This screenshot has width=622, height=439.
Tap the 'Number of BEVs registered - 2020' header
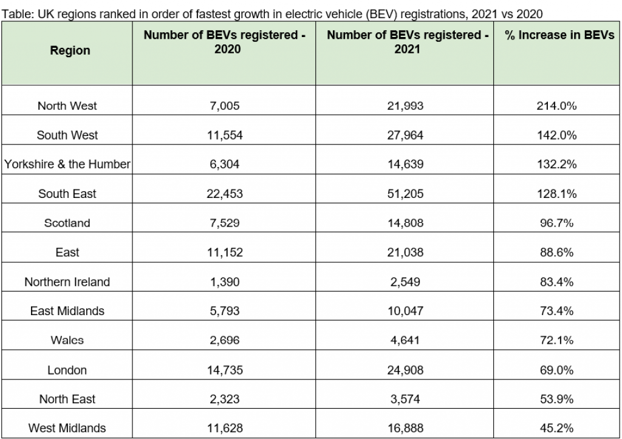[x=224, y=43]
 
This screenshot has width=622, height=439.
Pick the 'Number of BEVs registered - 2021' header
[x=407, y=43]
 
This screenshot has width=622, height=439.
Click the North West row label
[x=67, y=106]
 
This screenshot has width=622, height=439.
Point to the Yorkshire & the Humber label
[x=67, y=165]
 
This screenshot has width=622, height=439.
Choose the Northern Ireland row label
[x=67, y=282]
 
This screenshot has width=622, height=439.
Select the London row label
[x=67, y=370]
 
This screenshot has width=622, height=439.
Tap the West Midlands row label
[x=67, y=428]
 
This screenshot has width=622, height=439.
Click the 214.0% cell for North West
[x=556, y=106]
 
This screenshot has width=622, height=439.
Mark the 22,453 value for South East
[x=224, y=194]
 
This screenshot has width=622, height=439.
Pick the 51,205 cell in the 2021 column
[x=405, y=194]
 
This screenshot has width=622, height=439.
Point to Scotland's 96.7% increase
[x=556, y=223]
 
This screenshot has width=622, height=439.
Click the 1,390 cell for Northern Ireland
[x=224, y=282]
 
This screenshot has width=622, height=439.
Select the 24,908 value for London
[x=405, y=370]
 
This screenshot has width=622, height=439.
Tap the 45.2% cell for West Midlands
[x=556, y=428]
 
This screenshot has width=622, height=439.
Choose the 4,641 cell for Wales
[x=405, y=340]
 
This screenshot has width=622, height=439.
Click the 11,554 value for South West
[x=224, y=135]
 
